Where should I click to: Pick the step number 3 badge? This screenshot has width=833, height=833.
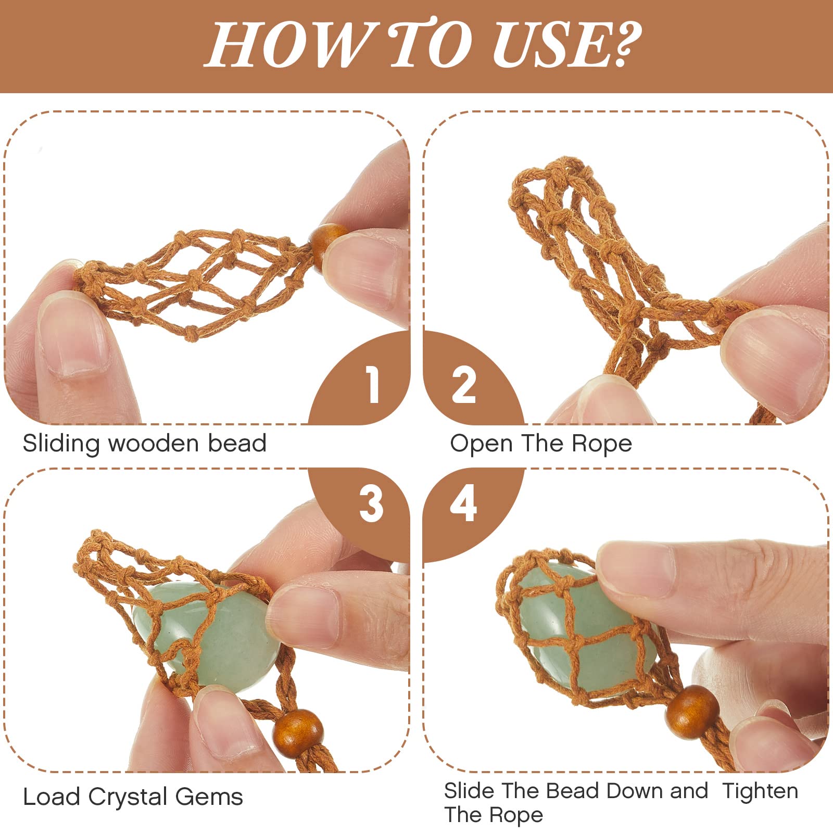click(x=371, y=504)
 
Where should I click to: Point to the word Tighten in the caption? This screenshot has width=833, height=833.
click(x=760, y=791)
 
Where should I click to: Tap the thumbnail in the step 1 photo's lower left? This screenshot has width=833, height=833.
click(x=73, y=333)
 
